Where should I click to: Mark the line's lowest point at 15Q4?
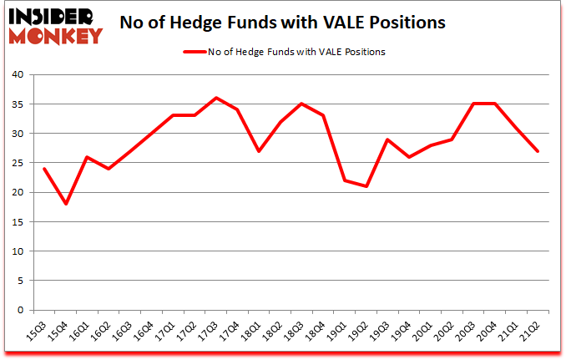(x=66, y=204)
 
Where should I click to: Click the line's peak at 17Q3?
(x=217, y=98)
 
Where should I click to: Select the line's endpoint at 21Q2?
(x=537, y=151)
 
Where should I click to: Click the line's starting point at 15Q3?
(x=43, y=169)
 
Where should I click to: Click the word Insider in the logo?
(x=54, y=16)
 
